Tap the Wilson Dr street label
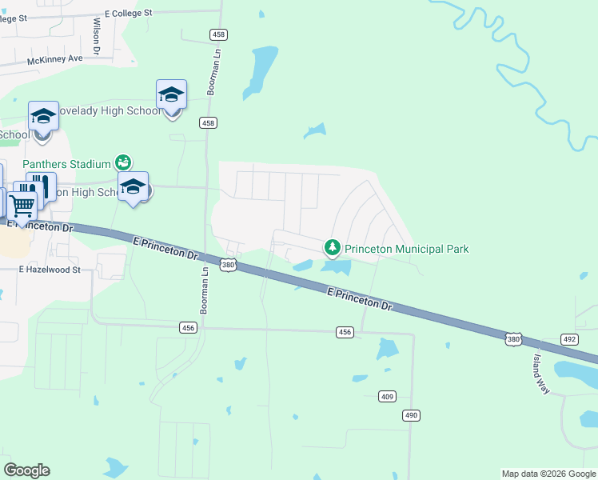tap(96, 37)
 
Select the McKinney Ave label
tap(55, 59)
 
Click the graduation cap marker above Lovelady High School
tap(171, 95)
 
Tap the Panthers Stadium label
tap(66, 164)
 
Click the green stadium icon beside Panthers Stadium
tap(123, 162)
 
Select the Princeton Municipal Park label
tap(406, 249)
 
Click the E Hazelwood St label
tap(50, 270)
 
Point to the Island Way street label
tap(542, 373)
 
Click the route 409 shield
tap(388, 397)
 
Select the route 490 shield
tap(411, 415)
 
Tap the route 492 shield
tap(569, 339)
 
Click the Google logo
tap(26, 470)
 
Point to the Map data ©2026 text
tap(548, 474)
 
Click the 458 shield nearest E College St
tap(217, 34)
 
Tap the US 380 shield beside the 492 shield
tap(513, 340)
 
